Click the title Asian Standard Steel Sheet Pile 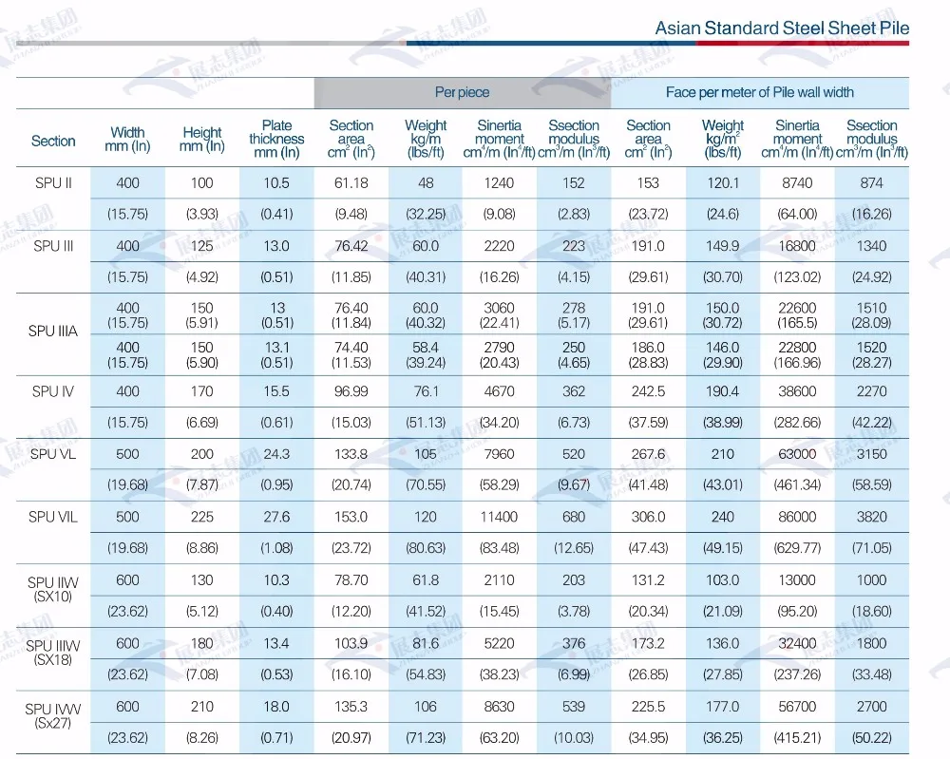coord(782,28)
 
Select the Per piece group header coord(462,92)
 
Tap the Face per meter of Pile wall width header coord(759,92)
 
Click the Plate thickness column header coord(276,139)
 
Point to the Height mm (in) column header coord(202,140)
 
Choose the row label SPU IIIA coord(53,332)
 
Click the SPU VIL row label coord(53,517)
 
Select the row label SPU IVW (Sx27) coord(53,715)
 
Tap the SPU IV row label coord(53,390)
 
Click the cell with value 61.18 coord(351,182)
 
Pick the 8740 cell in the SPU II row coord(797,182)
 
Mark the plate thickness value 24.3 coord(276,454)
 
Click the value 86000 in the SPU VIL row coord(797,517)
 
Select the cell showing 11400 coord(499,517)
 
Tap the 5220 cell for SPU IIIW coord(499,643)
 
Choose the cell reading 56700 coord(797,707)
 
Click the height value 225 coord(202,517)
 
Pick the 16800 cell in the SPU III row coord(797,245)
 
